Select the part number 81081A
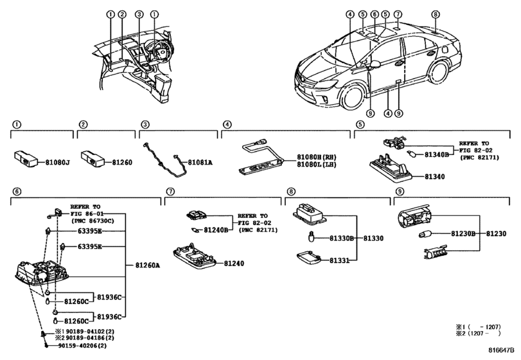point(200,163)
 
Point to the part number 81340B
point(437,154)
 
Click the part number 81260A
point(148,265)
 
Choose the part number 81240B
point(216,230)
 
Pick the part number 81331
point(340,260)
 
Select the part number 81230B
point(463,234)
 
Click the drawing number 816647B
point(502,350)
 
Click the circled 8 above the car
point(436,14)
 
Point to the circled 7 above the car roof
point(398,14)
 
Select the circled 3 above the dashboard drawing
point(139,14)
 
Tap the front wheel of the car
point(352,96)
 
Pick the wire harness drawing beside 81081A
point(164,158)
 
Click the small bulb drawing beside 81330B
point(311,237)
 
